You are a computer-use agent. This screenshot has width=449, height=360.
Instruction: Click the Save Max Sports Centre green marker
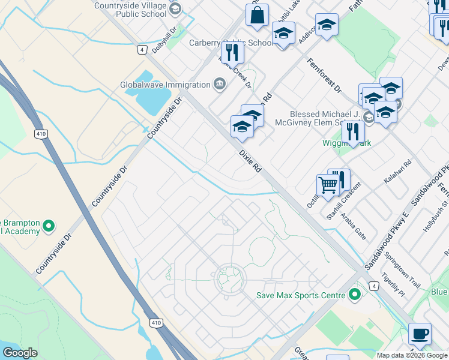pos(355,295)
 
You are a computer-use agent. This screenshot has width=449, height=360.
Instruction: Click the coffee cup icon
pos(420,332)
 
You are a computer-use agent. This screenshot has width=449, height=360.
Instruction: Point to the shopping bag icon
pos(257,16)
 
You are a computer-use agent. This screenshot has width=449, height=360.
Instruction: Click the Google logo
pos(20,353)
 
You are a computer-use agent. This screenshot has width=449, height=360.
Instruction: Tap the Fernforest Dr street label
pos(324,76)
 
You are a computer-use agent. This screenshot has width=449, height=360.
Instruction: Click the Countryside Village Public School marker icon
pos(175,8)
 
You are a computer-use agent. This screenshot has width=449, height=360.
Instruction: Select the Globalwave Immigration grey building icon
pos(219,84)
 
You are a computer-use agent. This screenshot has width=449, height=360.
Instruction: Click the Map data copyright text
pos(412,355)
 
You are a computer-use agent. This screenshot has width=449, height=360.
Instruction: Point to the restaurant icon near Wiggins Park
pos(353,132)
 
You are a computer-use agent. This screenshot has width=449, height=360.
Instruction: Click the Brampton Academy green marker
pos(49,226)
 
